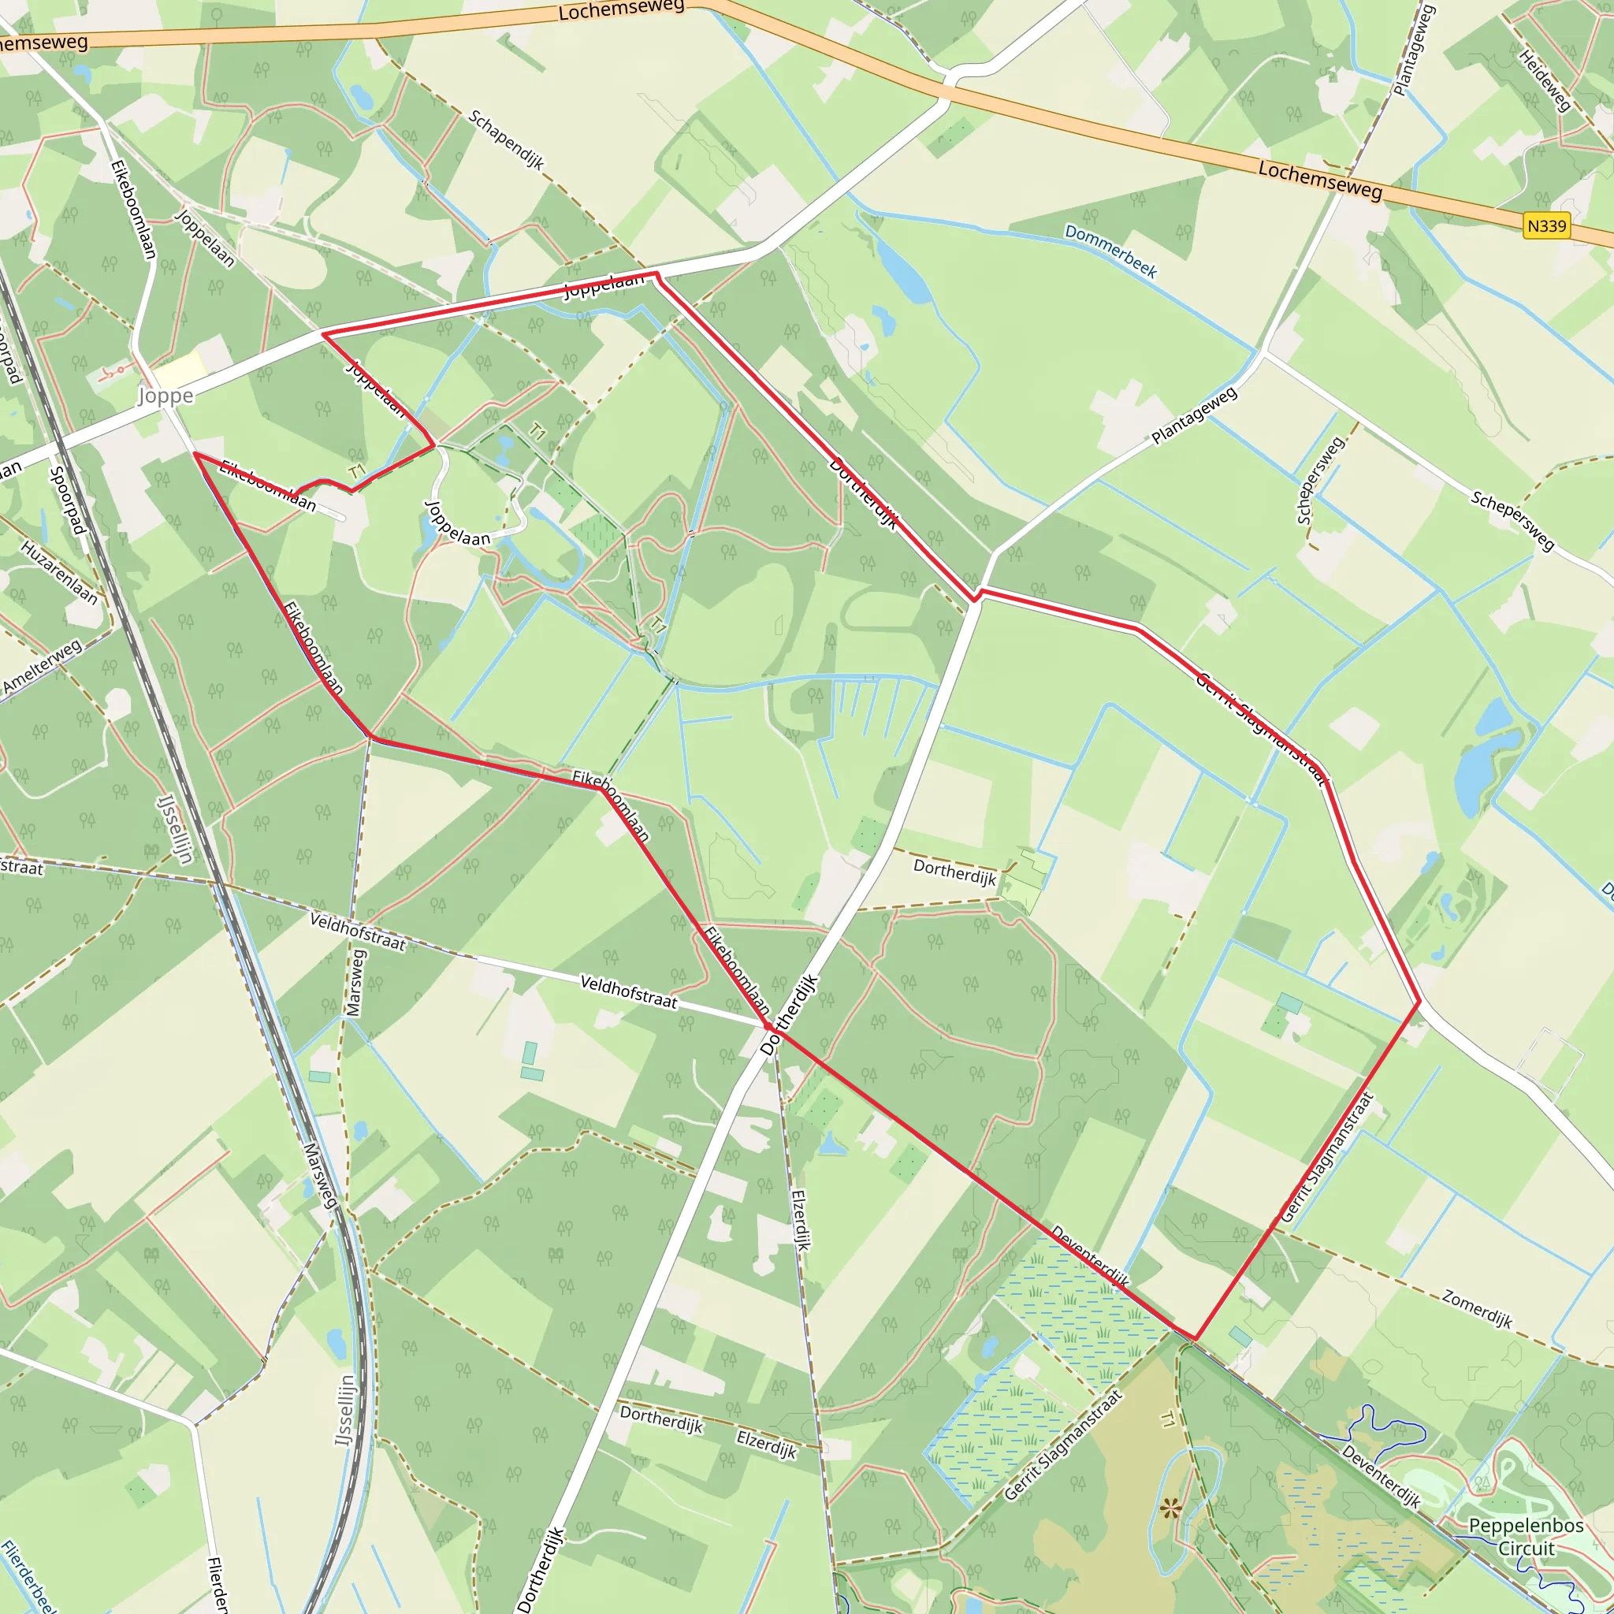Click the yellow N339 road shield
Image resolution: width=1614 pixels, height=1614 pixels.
(x=1546, y=225)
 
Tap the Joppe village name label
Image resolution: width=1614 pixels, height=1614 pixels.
(x=165, y=396)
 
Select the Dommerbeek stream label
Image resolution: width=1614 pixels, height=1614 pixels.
(x=1110, y=251)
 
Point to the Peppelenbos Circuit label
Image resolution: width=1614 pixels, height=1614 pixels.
(x=1526, y=1536)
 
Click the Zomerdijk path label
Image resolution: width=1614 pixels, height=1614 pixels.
(x=1477, y=1308)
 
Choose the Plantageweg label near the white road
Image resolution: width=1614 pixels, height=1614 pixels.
(x=1194, y=415)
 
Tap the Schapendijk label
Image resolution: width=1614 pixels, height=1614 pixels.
(x=506, y=139)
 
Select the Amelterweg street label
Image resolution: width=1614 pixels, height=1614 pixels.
(x=42, y=666)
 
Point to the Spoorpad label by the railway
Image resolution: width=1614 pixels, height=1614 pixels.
(x=67, y=500)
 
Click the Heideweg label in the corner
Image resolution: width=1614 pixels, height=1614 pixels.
(x=1545, y=80)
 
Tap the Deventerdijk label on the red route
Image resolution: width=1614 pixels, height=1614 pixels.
(x=1089, y=1255)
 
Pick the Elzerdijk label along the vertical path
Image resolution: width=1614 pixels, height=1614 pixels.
(x=801, y=1220)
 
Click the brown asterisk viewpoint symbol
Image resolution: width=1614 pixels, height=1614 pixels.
(x=1170, y=1508)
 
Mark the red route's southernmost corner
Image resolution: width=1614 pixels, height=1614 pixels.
(x=1196, y=1338)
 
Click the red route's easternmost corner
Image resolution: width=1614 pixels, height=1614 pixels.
(x=1419, y=1001)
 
